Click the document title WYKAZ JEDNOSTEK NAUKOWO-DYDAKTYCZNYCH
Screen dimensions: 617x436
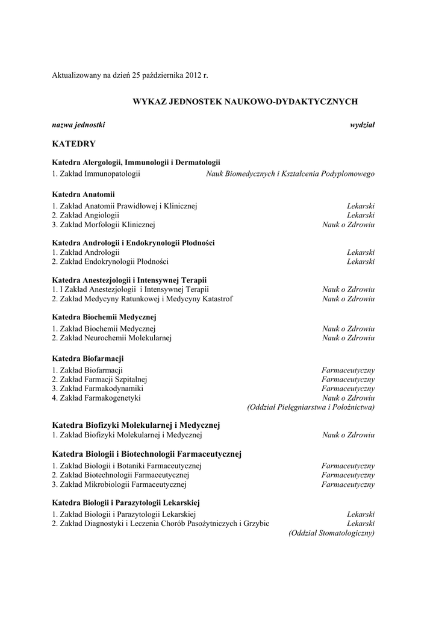[245, 102]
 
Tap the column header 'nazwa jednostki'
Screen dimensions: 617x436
[78, 125]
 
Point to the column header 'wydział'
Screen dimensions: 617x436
[363, 125]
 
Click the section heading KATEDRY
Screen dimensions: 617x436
[73, 144]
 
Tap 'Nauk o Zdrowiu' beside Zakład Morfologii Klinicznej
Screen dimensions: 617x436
[349, 225]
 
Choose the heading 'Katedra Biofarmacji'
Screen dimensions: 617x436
[88, 358]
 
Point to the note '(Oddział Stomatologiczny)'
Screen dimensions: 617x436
[332, 533]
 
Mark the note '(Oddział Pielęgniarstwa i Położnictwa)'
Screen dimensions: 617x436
[311, 408]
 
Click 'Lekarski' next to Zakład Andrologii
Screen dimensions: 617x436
[361, 252]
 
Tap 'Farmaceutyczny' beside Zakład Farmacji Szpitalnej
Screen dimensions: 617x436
[348, 379]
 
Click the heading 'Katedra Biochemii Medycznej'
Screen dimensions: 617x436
[104, 317]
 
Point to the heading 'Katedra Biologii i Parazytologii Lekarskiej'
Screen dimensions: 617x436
[126, 502]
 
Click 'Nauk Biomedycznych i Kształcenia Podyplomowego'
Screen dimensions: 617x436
[290, 174]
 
